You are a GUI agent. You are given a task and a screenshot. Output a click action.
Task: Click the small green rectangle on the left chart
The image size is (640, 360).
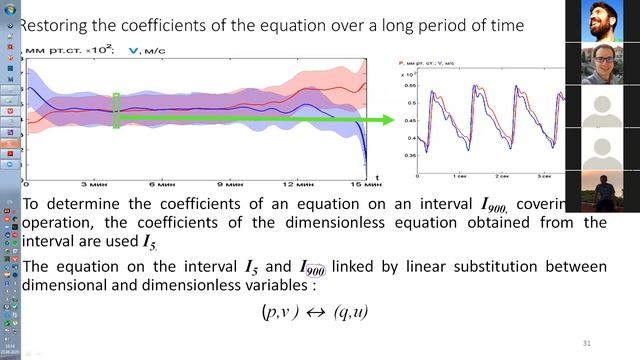(116, 110)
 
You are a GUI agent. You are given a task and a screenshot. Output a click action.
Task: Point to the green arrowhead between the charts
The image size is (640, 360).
(388, 120)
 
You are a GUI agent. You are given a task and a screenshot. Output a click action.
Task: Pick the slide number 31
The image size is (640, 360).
(587, 344)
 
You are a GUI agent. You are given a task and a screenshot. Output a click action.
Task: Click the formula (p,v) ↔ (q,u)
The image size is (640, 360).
(314, 312)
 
